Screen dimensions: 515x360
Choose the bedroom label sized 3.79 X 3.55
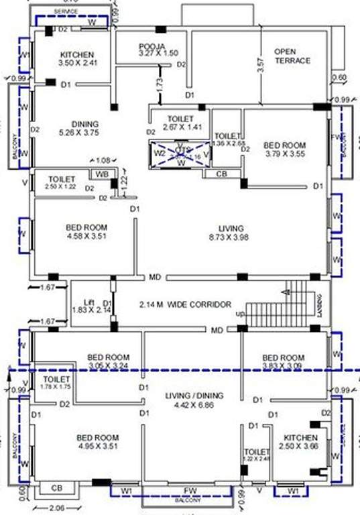click(284, 146)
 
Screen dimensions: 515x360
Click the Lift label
click(87, 302)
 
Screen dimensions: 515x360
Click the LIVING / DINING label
click(194, 396)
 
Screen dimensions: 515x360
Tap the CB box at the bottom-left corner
click(56, 488)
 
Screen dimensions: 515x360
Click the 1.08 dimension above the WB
click(103, 160)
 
